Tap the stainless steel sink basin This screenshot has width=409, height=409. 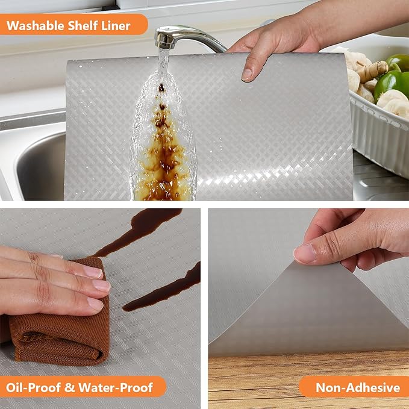36,166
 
